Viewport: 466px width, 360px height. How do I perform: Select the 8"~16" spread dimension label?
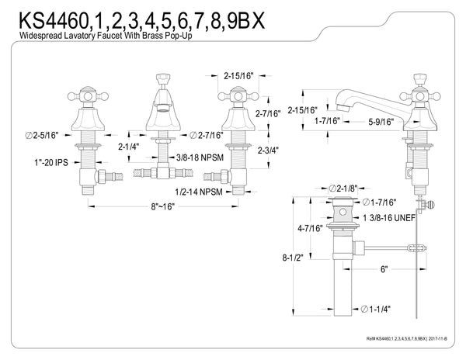(164, 206)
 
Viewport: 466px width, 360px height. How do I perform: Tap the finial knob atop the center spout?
(164, 81)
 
